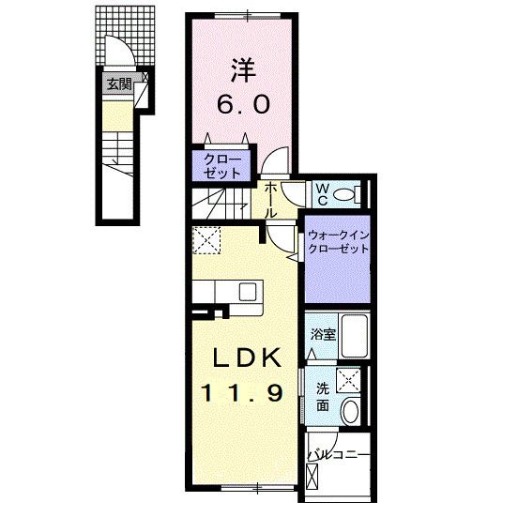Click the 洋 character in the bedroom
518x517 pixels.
coord(245,69)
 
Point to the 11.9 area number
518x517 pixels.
coord(241,393)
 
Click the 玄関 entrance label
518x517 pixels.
coord(117,84)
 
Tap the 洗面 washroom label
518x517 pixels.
coord(321,397)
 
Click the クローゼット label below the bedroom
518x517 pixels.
coord(221,166)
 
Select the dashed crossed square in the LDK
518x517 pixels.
coord(206,242)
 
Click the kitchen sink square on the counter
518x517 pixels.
coord(249,291)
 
